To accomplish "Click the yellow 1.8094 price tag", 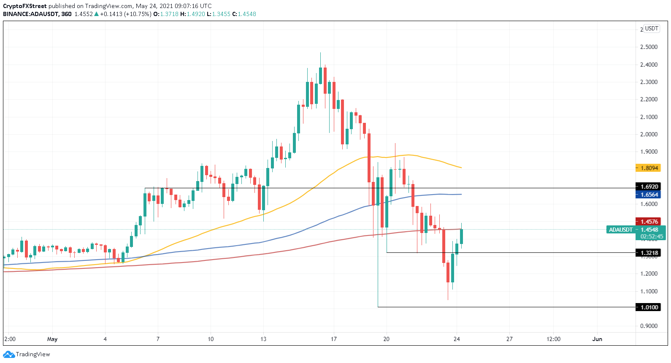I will tap(648, 168).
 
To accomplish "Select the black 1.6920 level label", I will tap(648, 187).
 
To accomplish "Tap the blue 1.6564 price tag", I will tap(648, 195).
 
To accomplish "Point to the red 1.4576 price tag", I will tap(648, 222).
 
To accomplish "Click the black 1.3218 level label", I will tap(648, 253).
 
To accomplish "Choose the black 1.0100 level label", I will tap(648, 307).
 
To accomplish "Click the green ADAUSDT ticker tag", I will tap(620, 230).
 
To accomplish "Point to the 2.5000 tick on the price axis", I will tap(649, 47).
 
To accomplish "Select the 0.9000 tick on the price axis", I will tap(649, 326).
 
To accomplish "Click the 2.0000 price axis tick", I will tap(649, 134).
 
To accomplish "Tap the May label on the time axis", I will tap(52, 339).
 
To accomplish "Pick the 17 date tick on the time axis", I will tap(334, 339).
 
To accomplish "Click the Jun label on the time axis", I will tap(597, 339).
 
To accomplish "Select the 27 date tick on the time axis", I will tap(509, 339).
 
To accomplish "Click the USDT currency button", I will tap(652, 28).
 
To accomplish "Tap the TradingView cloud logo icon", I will tap(9, 355).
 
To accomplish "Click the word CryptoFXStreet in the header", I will tap(24, 6).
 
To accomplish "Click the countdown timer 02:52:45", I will tap(652, 236).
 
